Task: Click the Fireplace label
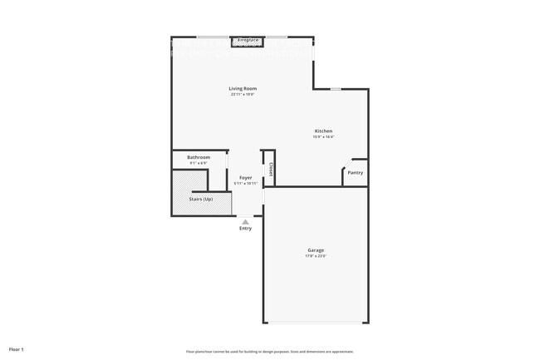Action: point(248,39)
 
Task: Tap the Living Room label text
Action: point(243,88)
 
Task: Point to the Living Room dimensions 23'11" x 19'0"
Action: point(243,94)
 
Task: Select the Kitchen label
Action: point(323,131)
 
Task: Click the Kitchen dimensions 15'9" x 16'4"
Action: point(323,137)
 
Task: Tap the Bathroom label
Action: point(199,157)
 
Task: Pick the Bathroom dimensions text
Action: point(199,163)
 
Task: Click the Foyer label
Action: point(246,177)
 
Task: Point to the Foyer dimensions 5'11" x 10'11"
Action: point(246,183)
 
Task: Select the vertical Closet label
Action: point(272,170)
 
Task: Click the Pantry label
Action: point(355,173)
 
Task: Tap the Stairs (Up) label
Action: point(201,200)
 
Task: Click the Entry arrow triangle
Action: point(245,222)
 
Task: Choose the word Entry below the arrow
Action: point(245,229)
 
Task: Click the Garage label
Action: point(316,250)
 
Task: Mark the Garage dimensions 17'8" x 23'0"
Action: point(316,256)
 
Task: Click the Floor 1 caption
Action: point(17,348)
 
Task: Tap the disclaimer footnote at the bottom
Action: point(269,352)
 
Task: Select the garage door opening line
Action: point(316,323)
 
